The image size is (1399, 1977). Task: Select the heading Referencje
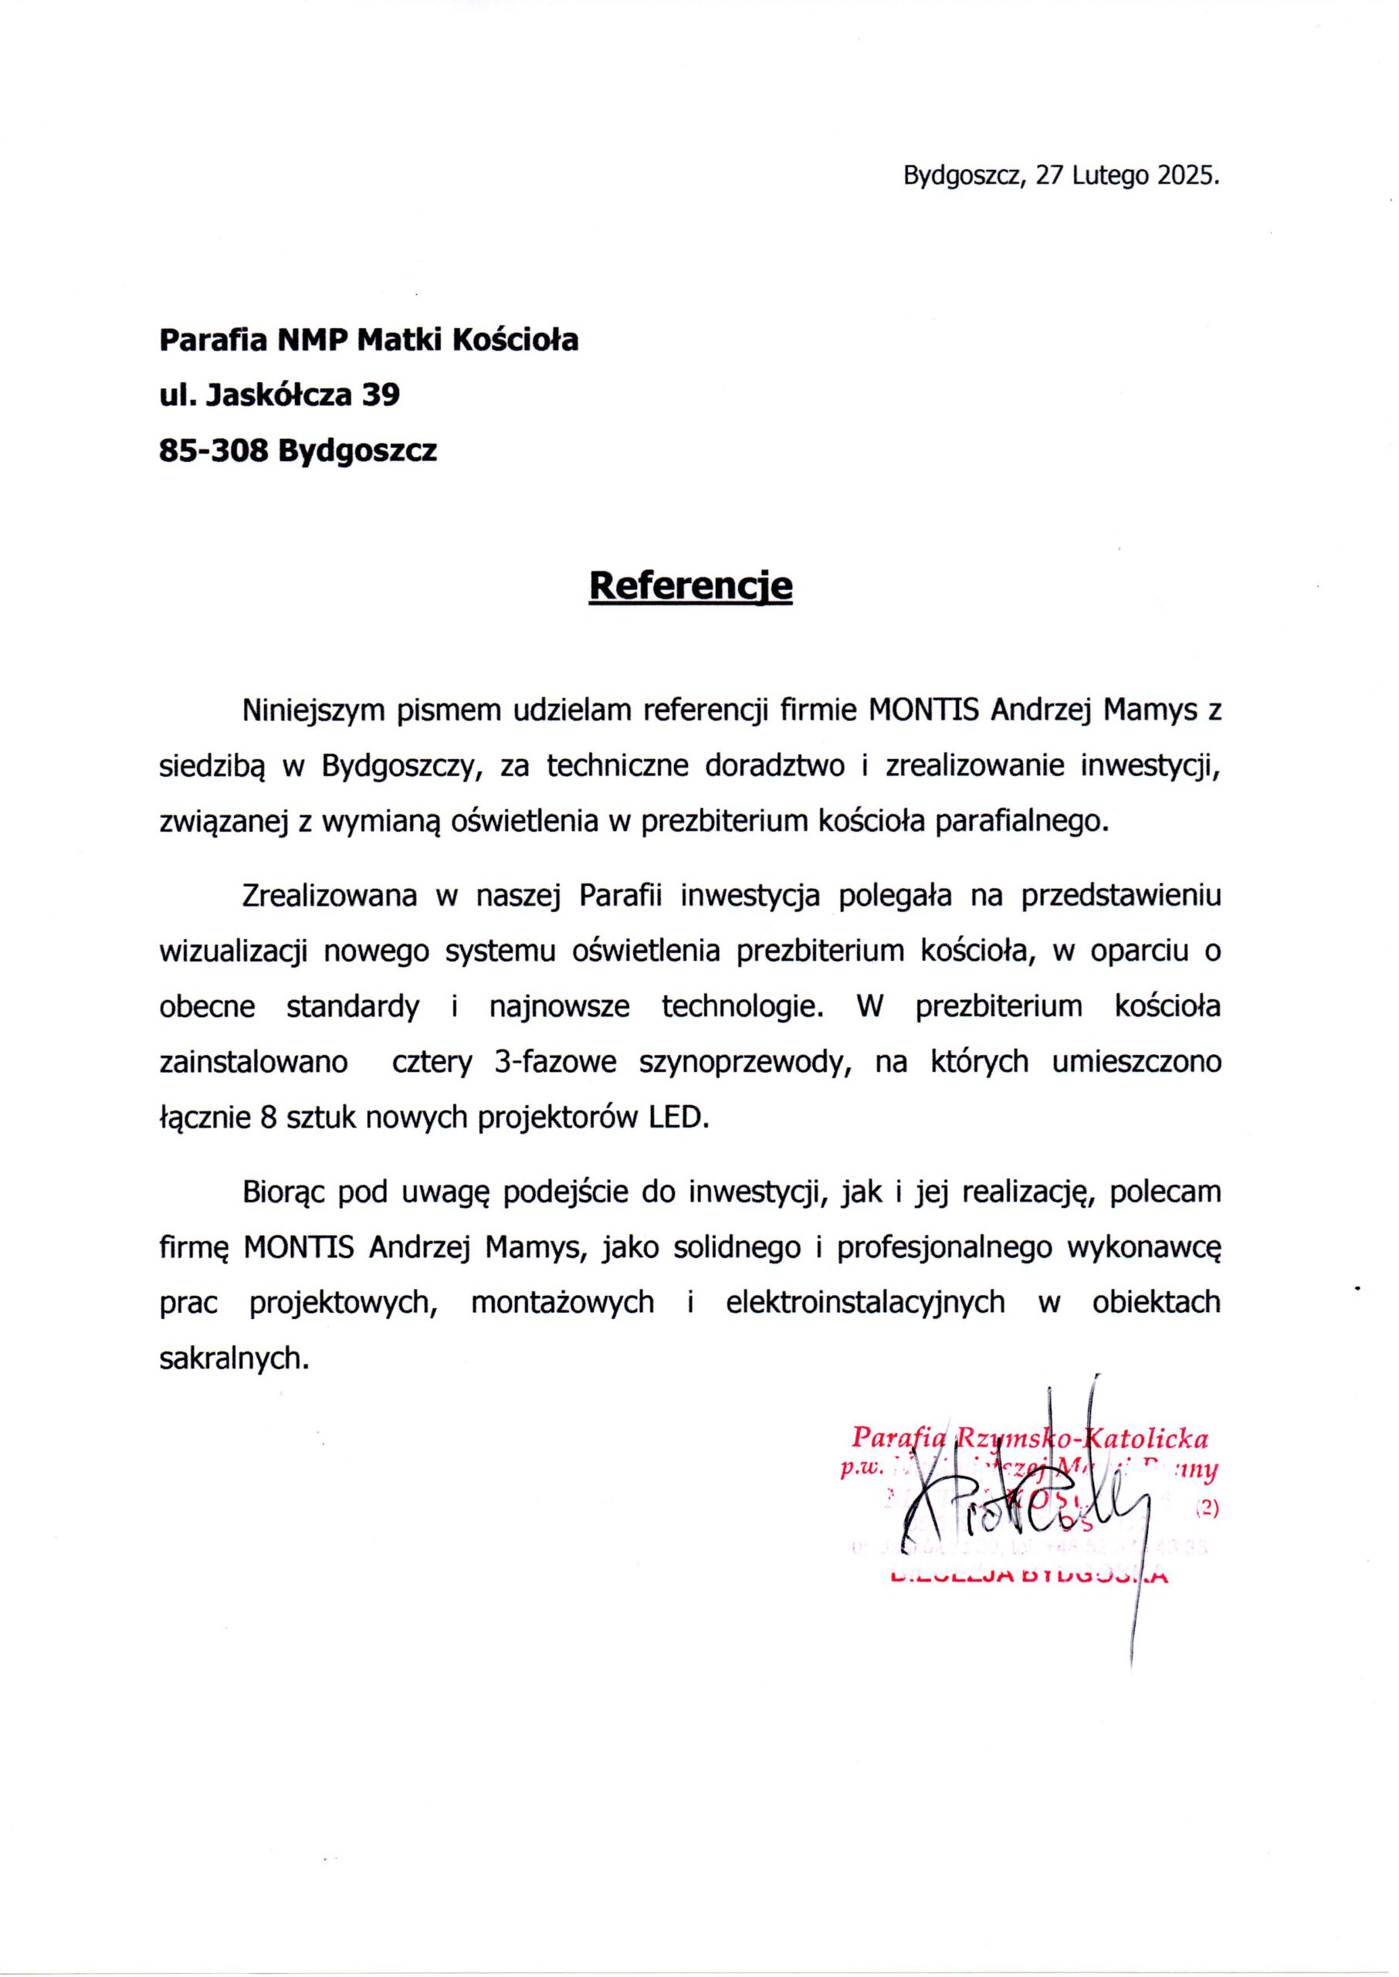[690, 586]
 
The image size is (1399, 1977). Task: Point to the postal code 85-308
[214, 450]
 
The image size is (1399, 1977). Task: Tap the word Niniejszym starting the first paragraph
[314, 710]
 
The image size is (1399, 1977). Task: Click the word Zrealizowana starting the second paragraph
[329, 897]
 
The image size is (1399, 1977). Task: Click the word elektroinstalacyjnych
[865, 1301]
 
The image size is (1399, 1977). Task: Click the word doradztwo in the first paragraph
[774, 767]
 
